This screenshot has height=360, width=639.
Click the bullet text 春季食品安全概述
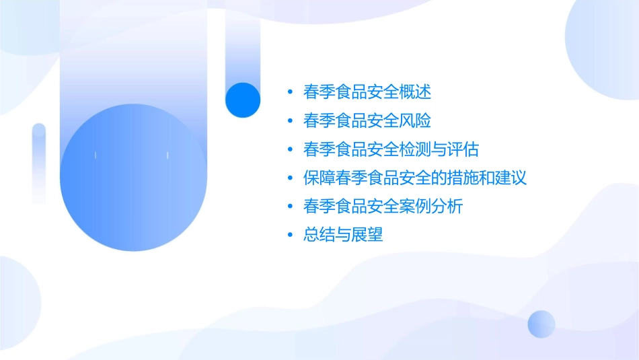tap(367, 92)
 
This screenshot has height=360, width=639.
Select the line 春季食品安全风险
tap(367, 121)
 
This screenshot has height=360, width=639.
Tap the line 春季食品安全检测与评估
tap(391, 149)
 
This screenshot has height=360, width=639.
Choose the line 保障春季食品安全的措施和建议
tap(414, 178)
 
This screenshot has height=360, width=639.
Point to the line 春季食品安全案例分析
tap(383, 207)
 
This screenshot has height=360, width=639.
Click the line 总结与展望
tap(343, 236)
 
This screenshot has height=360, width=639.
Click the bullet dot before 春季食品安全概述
tap(290, 92)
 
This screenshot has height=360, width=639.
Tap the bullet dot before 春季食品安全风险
tap(290, 121)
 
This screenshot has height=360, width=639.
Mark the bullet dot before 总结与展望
tap(290, 236)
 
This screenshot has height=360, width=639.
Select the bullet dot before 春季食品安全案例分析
tap(290, 207)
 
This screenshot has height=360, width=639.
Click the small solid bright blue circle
tap(243, 100)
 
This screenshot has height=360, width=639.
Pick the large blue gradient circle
tap(132, 178)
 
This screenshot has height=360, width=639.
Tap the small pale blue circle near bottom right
tap(541, 324)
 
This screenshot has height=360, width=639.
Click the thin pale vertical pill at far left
tap(39, 163)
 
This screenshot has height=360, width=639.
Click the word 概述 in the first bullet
tap(415, 92)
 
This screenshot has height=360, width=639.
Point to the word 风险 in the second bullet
tap(415, 121)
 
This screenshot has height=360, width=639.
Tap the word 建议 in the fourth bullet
tap(511, 178)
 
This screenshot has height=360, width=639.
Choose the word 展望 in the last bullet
tap(367, 236)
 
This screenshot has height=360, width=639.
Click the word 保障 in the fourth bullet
tap(319, 178)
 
